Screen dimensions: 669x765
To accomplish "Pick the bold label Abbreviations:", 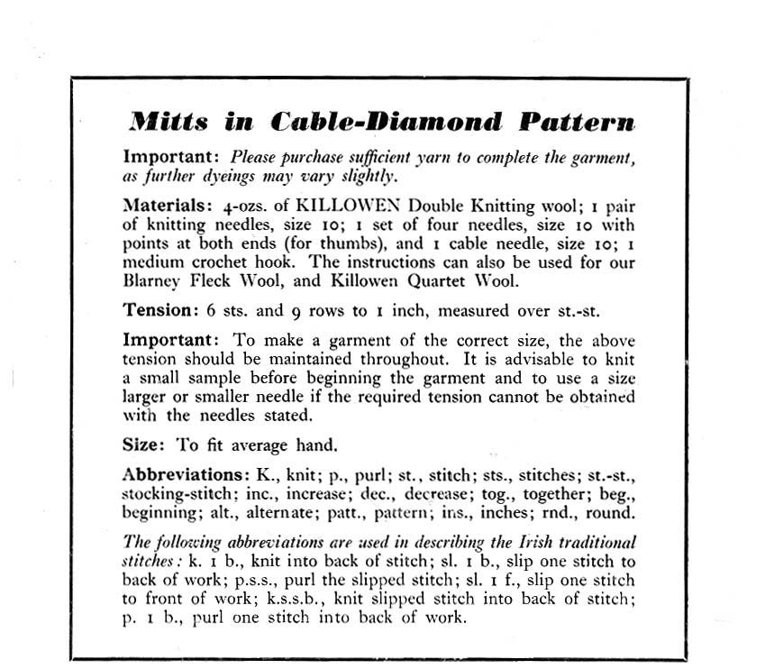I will coord(186,475).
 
